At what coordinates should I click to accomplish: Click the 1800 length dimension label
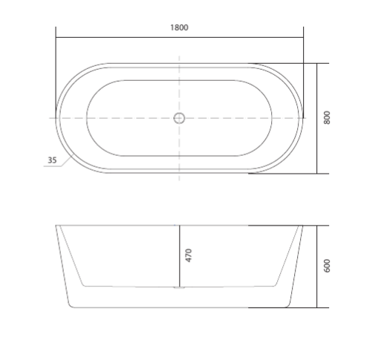point(179,27)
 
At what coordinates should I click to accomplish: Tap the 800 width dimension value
point(327,118)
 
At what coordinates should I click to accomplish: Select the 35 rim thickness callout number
point(52,160)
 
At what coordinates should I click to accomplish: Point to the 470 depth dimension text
point(189,255)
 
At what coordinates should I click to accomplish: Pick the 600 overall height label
point(327,266)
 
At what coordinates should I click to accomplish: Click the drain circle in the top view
point(179,118)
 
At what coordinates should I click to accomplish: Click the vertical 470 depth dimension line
point(180,256)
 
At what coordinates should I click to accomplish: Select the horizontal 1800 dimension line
point(180,38)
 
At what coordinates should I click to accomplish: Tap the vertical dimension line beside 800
point(316,119)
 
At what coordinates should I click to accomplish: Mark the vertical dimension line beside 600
point(316,266)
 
